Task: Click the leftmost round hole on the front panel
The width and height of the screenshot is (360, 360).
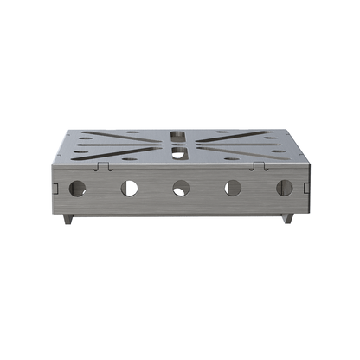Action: pyautogui.click(x=77, y=187)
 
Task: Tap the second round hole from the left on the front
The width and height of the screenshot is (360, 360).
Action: pyautogui.click(x=129, y=187)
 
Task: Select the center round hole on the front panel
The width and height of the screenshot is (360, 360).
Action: pyautogui.click(x=181, y=187)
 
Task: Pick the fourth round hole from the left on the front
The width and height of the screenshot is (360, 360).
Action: pyautogui.click(x=233, y=187)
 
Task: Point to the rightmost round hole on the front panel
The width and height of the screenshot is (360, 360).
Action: pyautogui.click(x=283, y=187)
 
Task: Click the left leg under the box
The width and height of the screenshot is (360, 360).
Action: pyautogui.click(x=67, y=219)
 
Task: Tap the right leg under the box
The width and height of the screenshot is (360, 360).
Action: pyautogui.click(x=286, y=219)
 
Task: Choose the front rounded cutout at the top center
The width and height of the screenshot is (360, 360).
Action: pyautogui.click(x=177, y=152)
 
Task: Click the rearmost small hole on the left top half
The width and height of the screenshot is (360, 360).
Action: pyautogui.click(x=131, y=132)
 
